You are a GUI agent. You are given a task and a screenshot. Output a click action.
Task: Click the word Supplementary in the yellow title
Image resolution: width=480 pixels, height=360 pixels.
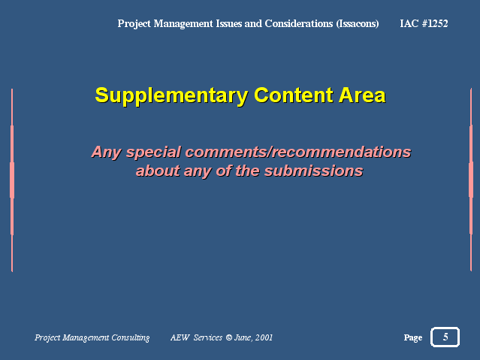point(171,96)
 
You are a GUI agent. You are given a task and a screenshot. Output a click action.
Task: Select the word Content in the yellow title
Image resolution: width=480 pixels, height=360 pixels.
point(294,95)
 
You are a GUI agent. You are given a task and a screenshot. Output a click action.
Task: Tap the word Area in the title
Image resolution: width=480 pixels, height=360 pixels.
point(362,95)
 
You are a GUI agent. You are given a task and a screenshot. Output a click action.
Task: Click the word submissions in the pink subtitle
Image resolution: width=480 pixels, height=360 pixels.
point(314,171)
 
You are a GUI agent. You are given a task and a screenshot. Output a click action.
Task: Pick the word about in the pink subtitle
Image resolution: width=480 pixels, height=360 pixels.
point(158,171)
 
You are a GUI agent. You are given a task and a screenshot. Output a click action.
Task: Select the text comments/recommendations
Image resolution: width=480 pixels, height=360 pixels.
point(298,153)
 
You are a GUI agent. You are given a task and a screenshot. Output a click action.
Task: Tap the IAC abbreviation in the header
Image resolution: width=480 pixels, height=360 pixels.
point(409,23)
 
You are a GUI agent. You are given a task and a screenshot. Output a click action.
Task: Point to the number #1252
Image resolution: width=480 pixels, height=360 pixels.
point(435,23)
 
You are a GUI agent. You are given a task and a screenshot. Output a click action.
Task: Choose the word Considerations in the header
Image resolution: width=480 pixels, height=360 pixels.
point(299,23)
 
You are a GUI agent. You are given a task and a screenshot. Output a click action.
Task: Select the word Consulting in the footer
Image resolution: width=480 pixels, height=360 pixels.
point(131,337)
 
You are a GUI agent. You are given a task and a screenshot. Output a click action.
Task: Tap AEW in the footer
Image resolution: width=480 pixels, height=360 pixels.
point(180,337)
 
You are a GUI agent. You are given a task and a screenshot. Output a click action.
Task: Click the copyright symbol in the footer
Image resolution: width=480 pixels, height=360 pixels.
point(229,337)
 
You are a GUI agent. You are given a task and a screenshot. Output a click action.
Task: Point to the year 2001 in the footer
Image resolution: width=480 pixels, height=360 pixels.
point(264,337)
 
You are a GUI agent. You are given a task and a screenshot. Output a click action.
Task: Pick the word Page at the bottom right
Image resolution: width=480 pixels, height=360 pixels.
point(413,337)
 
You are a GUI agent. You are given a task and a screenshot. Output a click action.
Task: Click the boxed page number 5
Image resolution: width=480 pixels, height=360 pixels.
point(445,337)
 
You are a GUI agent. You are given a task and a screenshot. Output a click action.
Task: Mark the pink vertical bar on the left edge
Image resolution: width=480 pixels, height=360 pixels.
point(12,180)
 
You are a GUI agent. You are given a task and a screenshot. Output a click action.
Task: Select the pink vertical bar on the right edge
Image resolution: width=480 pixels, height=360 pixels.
point(471,180)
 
